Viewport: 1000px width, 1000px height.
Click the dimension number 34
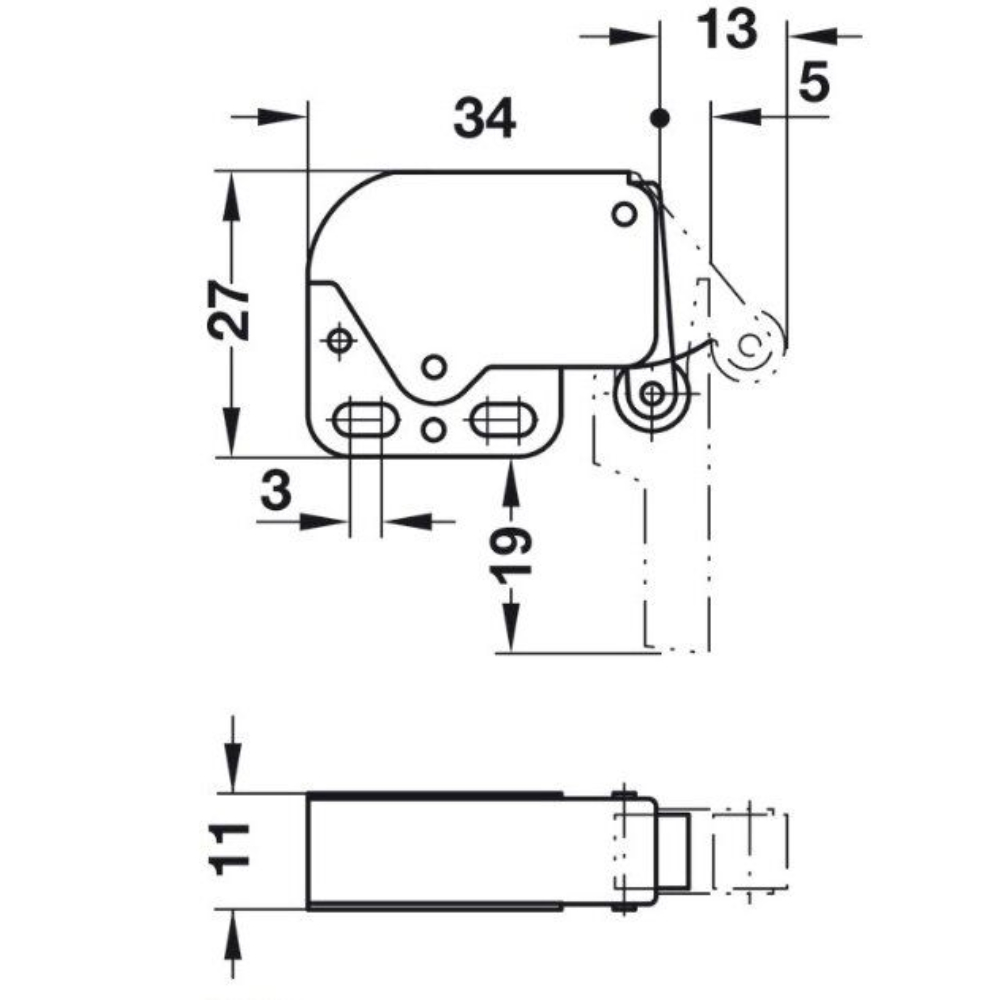pos(485,120)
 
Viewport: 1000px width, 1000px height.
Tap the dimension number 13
pos(727,30)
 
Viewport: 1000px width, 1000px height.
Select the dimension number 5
pos(815,83)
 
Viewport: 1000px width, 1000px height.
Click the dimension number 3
pos(277,492)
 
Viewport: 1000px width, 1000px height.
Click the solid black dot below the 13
pos(658,118)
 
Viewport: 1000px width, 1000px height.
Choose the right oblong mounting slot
pos(499,417)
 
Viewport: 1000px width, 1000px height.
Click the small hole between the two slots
pos(433,430)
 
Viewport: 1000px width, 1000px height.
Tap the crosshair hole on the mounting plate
pos(340,342)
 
